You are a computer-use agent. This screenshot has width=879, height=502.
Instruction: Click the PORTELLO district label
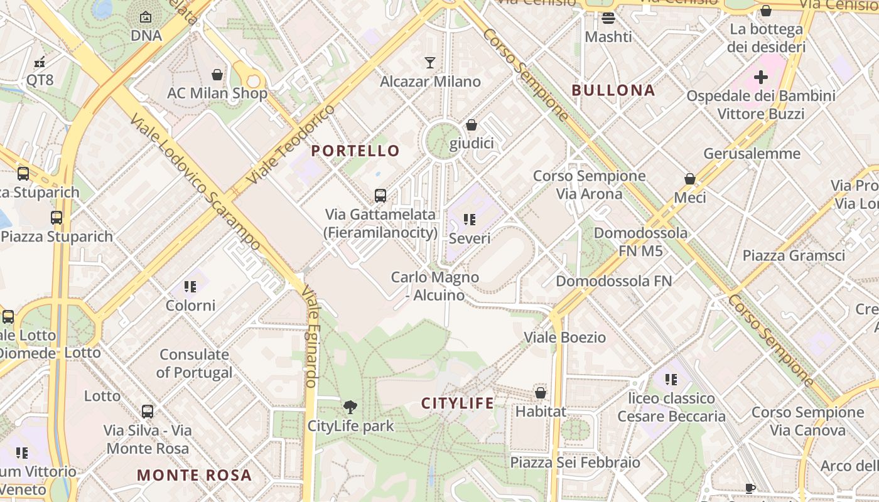pyautogui.click(x=355, y=151)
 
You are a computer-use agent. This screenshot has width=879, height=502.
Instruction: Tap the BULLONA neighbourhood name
pyautogui.click(x=613, y=90)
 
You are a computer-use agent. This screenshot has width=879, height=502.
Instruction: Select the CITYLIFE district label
pyautogui.click(x=458, y=403)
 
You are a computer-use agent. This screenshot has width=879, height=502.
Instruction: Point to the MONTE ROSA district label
pyautogui.click(x=195, y=475)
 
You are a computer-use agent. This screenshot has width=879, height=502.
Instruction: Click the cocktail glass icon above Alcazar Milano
pyautogui.click(x=430, y=62)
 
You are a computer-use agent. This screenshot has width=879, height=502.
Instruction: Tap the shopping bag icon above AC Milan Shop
pyautogui.click(x=217, y=75)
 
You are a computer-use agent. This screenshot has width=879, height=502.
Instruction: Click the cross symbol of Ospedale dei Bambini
pyautogui.click(x=761, y=77)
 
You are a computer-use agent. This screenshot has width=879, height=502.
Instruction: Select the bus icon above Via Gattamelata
pyautogui.click(x=380, y=195)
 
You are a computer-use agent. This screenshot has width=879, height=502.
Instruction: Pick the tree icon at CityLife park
pyautogui.click(x=350, y=407)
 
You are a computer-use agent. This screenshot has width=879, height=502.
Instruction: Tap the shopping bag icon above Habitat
pyautogui.click(x=541, y=393)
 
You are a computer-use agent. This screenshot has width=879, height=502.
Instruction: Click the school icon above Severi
pyautogui.click(x=470, y=219)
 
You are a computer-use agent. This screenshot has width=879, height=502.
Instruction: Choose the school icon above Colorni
pyautogui.click(x=190, y=287)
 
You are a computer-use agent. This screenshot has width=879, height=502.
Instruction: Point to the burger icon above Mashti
pyautogui.click(x=608, y=18)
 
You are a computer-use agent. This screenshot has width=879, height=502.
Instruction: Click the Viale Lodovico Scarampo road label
pyautogui.click(x=195, y=182)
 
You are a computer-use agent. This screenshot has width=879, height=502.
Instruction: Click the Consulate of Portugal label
pyautogui.click(x=195, y=363)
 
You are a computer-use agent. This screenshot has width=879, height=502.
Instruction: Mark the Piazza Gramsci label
pyautogui.click(x=794, y=255)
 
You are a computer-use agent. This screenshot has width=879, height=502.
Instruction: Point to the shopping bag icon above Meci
pyautogui.click(x=690, y=179)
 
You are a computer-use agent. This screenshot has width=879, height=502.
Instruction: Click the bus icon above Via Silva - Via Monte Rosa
pyautogui.click(x=148, y=412)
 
